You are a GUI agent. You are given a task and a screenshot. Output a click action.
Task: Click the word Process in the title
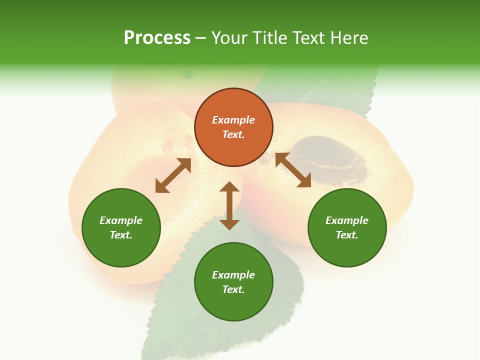click(157, 38)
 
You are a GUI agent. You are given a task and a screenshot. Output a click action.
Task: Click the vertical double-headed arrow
click(229, 205)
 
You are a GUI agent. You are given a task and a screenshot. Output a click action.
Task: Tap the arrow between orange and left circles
click(173, 175)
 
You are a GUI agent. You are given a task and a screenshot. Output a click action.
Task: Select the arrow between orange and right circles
click(293, 170)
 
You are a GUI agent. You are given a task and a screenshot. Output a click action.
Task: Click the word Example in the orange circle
click(233, 120)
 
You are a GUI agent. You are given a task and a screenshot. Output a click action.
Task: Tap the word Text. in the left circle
click(121, 235)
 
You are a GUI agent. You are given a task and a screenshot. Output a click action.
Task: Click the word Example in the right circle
click(347, 220)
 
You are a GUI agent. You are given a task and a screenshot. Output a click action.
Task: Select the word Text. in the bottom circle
click(233, 289)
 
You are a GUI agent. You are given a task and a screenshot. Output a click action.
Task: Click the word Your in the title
click(229, 38)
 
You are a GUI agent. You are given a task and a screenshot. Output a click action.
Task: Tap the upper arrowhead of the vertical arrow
click(229, 187)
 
